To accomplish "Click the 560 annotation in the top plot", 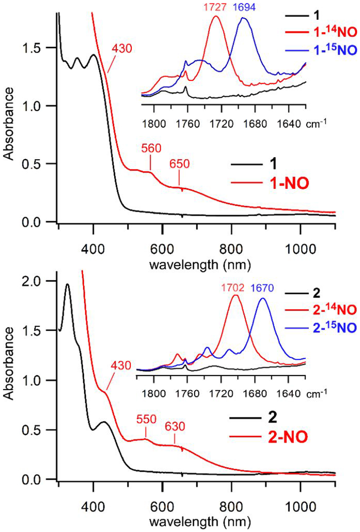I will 151,148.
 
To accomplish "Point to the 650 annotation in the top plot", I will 179,164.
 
